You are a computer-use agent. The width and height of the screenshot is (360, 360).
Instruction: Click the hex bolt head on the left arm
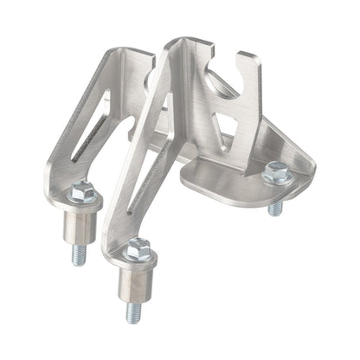(x=82, y=192)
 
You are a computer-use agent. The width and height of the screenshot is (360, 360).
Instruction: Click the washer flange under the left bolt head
(x=84, y=200)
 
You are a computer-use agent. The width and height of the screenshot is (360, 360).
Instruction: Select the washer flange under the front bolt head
(x=138, y=260)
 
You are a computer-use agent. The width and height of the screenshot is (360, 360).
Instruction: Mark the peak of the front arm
(x=177, y=43)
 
